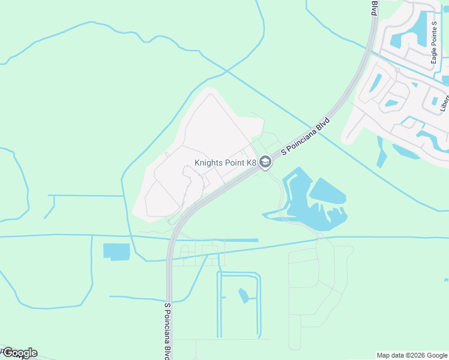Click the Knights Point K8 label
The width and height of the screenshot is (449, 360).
225,163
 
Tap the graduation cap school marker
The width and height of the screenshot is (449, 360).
265,162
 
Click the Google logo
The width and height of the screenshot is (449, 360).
19,353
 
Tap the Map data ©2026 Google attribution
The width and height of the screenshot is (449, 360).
412,356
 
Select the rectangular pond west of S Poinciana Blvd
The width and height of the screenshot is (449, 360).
116,251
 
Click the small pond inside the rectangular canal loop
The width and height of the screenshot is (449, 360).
243,295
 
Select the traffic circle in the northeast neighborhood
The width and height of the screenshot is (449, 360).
397,70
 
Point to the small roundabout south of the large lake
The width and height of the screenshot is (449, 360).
320,236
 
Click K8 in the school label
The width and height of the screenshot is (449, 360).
249,163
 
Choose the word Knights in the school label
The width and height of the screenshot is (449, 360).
208,163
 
